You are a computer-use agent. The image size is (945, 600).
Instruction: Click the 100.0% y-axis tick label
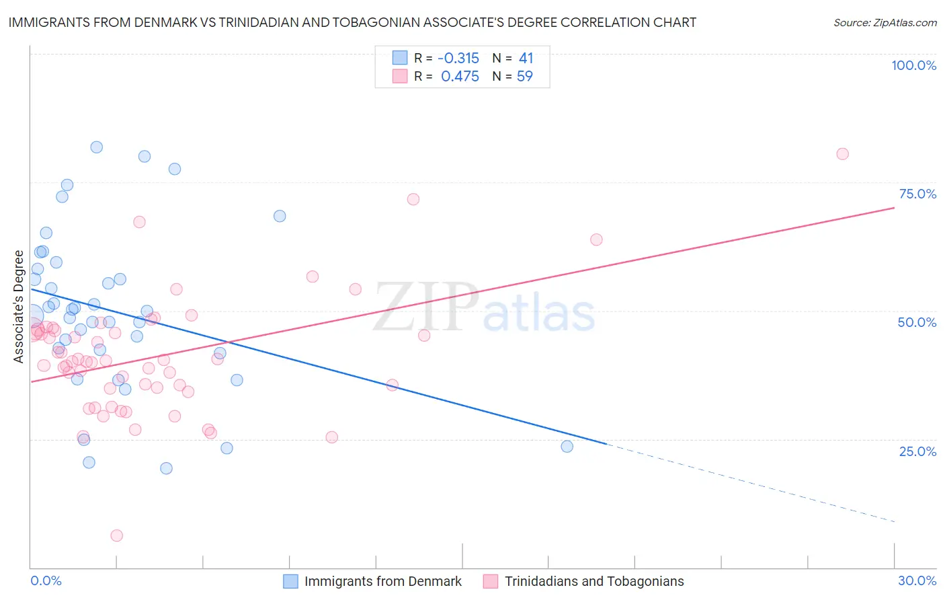[x=913, y=65]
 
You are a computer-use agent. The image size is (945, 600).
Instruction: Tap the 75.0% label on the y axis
[x=917, y=194]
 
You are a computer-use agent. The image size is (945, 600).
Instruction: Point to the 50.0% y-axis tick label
[x=917, y=322]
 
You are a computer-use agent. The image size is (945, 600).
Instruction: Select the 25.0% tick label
[x=917, y=451]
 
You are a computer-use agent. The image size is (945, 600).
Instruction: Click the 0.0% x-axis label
[x=46, y=580]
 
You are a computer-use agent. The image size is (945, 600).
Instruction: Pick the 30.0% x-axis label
[x=917, y=580]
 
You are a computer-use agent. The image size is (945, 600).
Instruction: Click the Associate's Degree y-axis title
[x=19, y=307]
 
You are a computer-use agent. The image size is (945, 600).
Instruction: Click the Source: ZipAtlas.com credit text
[x=885, y=22]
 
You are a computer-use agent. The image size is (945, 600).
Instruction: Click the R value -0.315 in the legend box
[x=458, y=59]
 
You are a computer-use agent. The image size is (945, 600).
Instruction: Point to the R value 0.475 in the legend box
[x=460, y=77]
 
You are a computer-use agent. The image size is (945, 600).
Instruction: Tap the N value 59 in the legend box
[x=524, y=77]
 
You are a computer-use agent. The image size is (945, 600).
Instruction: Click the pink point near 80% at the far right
[x=842, y=154]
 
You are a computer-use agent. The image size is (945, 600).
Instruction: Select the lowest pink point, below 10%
[x=116, y=535]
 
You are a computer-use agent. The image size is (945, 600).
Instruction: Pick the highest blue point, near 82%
[x=97, y=147]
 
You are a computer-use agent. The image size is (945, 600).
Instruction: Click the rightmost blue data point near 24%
[x=567, y=447]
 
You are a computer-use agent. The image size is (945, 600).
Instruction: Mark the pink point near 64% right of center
[x=596, y=239]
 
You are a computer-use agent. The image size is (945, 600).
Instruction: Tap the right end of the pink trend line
[x=894, y=208]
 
